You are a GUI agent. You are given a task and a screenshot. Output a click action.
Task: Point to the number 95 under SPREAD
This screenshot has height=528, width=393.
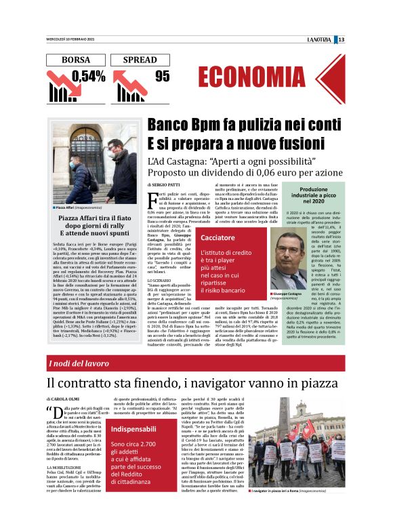click(x=162, y=76)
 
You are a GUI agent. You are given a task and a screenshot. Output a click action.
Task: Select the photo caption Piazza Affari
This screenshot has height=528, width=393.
click(x=65, y=207)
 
